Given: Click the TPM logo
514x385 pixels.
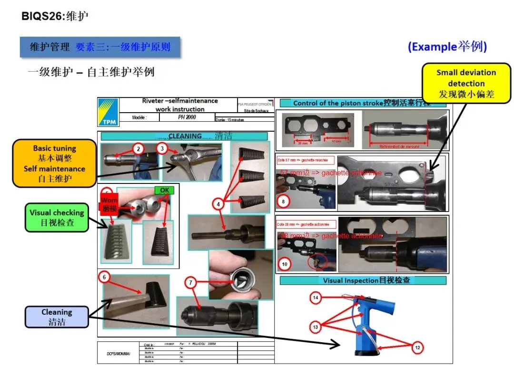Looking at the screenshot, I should (109, 113).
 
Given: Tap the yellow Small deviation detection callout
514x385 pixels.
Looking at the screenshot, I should (466, 84).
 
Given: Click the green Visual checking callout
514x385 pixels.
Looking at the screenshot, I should (57, 218).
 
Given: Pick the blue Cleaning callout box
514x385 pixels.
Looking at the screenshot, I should (57, 317).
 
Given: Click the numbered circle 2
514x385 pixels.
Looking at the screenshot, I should (138, 149).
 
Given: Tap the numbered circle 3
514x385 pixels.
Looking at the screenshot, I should (162, 149).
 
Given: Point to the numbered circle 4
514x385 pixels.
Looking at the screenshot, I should (218, 204).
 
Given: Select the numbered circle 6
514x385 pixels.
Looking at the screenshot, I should (104, 277).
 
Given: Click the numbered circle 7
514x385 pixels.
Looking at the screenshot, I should (190, 283).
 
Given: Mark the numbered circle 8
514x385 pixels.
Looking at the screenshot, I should (283, 202).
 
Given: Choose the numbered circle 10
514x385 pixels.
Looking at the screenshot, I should (285, 264).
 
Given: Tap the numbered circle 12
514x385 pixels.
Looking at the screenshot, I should (417, 348).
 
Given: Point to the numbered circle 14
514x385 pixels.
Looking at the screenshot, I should (315, 298).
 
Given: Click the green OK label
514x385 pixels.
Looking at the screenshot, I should (164, 191).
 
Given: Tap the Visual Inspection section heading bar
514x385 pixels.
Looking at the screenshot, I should (363, 280).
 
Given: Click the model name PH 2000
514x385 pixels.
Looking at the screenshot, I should (187, 117).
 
